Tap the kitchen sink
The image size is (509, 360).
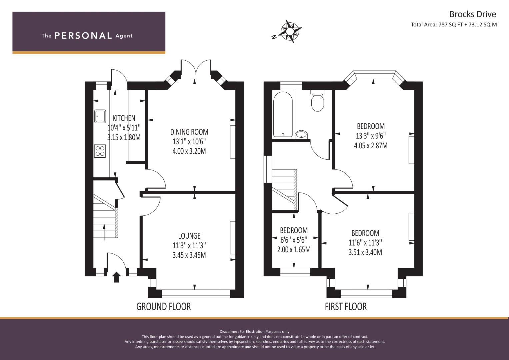[x=100, y=117]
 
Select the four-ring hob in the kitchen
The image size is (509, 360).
[x=100, y=151]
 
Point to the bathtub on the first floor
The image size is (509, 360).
[x=283, y=114]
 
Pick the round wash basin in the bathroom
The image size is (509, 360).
[x=301, y=135]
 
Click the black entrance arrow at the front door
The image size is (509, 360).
[x=116, y=277]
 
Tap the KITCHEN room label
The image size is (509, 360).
[x=124, y=118]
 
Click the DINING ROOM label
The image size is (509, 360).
[x=189, y=132]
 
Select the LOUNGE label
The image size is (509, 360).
[x=189, y=236]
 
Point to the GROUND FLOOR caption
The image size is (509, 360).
[x=163, y=307]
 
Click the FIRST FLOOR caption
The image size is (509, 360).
[x=346, y=307]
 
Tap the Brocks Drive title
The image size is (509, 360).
[x=473, y=14]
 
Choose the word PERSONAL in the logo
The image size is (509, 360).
[x=83, y=36]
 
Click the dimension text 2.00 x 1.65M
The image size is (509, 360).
[x=294, y=250]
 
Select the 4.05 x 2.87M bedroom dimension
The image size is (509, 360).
[x=371, y=145]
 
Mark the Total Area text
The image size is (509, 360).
[x=454, y=25]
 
